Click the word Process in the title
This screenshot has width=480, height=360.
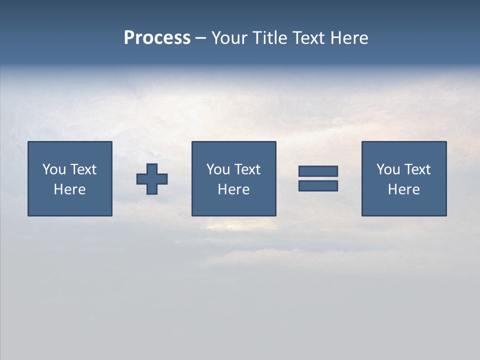pos(157,38)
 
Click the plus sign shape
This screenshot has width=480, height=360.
pos(152,179)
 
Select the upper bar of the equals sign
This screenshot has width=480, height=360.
pos(318,171)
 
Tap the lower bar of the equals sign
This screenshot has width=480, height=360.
pos(318,186)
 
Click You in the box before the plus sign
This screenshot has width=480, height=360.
pos(54,169)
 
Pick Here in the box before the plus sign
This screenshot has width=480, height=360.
pos(69,189)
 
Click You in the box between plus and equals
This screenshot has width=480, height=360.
pos(218,169)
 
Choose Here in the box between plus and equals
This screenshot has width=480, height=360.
pos(233,189)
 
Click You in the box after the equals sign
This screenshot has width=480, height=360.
pos(388,169)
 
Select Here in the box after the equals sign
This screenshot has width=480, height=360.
pos(403,189)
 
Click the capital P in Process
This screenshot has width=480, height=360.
pos(129,38)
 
